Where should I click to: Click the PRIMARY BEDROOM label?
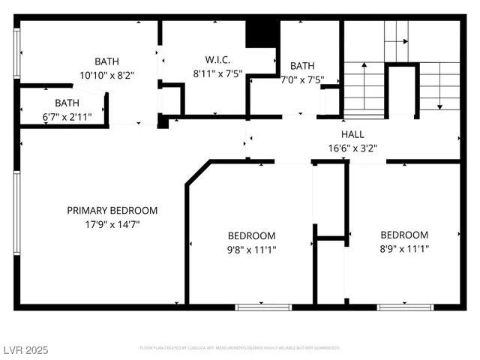112,211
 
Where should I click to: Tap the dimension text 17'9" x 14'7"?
112,223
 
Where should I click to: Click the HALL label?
352,134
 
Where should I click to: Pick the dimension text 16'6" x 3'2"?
352,148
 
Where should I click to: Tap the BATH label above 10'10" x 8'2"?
106,61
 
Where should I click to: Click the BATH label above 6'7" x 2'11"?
67,103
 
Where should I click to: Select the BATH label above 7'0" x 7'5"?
302,66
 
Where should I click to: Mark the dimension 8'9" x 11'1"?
404,248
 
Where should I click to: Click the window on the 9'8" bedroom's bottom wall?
263,307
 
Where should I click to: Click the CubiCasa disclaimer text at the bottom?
240,348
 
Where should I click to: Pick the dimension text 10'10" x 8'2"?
106,74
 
